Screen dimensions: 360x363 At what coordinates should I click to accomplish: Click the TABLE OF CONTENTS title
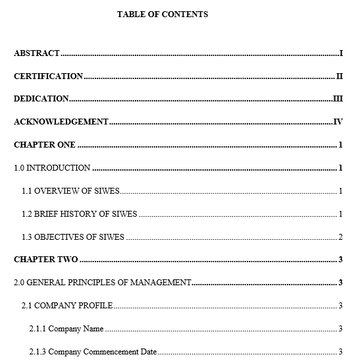163,14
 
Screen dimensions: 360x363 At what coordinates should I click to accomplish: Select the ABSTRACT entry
37,53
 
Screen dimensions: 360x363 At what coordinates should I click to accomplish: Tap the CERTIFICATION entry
49,76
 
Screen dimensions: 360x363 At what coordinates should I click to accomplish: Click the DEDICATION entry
41,99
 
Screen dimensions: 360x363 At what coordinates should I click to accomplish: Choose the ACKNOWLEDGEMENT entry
61,122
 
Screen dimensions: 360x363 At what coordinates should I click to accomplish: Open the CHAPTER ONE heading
45,145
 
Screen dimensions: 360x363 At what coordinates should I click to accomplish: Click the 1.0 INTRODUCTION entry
52,168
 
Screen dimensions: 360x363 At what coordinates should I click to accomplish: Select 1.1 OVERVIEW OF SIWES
70,191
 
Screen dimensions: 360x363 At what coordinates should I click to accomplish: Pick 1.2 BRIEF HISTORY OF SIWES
80,214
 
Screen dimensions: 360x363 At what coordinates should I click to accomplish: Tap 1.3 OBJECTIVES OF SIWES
73,237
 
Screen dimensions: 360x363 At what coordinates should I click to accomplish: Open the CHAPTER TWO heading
46,260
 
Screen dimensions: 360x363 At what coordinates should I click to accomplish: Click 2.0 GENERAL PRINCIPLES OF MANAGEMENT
103,283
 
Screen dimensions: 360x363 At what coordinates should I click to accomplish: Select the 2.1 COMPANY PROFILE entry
67,306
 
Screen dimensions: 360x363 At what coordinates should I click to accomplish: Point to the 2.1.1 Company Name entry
66,329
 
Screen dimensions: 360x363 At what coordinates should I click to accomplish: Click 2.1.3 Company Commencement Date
93,352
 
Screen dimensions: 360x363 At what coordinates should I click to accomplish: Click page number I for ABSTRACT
341,53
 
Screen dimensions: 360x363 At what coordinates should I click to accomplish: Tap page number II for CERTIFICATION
340,76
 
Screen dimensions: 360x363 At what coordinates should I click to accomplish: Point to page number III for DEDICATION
338,99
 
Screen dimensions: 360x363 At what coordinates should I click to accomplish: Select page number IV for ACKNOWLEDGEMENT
338,122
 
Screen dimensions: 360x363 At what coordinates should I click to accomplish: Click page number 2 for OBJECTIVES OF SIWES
340,237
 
